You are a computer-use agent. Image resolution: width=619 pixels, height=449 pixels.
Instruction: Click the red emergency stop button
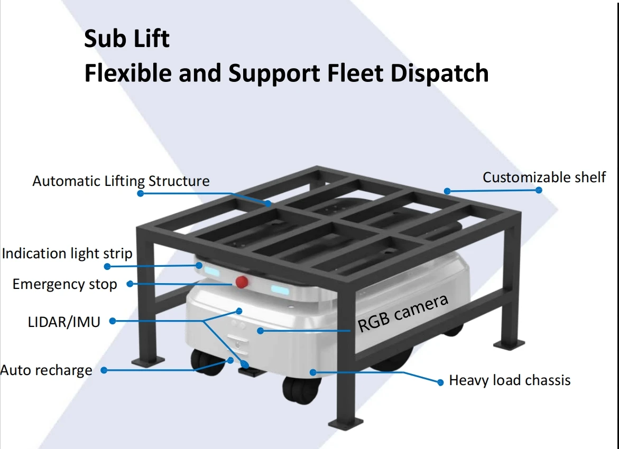tap(242, 282)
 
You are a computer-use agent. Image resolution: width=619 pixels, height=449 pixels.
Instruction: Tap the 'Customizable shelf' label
tap(544, 177)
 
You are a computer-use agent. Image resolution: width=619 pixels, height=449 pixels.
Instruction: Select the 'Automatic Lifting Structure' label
tap(121, 181)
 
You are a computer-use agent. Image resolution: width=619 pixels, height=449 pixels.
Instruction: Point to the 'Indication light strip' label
tap(67, 254)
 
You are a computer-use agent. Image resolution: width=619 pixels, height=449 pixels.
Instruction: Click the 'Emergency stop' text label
tap(64, 284)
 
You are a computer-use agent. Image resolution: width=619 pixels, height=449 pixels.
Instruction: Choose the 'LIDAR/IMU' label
tap(64, 321)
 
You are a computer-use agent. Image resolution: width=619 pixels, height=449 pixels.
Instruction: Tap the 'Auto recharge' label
tap(47, 370)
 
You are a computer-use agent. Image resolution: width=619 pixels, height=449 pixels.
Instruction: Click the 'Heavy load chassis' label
tap(510, 380)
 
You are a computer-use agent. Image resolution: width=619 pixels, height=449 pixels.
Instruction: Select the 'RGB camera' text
tap(403, 314)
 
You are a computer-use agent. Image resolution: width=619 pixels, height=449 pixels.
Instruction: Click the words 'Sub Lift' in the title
tap(127, 40)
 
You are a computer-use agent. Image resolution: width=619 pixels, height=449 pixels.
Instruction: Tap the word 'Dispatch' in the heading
tap(439, 73)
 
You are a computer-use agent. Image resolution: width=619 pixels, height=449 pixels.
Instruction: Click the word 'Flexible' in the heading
tap(127, 73)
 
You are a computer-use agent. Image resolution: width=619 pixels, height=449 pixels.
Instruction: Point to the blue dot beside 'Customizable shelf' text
tap(539, 190)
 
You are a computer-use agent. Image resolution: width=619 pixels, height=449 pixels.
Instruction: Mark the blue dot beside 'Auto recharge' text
tap(104, 370)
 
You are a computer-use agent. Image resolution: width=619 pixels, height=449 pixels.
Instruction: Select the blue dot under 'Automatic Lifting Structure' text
tap(140, 193)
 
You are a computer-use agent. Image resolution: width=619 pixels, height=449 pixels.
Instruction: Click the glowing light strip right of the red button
tap(280, 289)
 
